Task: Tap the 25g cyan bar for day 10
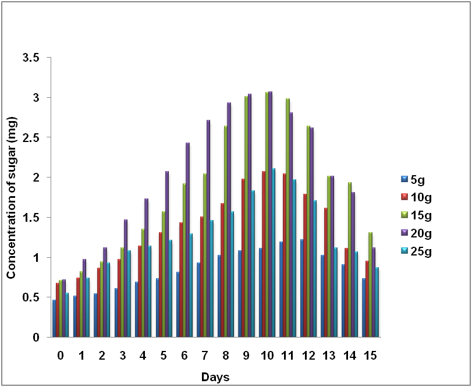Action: (x=274, y=253)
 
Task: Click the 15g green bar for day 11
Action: (x=288, y=218)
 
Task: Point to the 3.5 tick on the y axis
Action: (x=31, y=58)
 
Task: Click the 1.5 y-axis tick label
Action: (x=31, y=218)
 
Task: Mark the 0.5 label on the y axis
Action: (x=31, y=297)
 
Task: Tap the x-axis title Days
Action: (x=215, y=377)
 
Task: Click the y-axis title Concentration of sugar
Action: (x=11, y=198)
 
